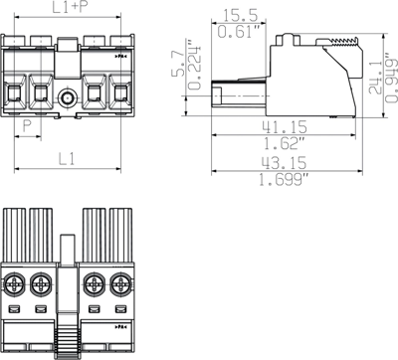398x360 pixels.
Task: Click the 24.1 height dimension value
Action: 375,74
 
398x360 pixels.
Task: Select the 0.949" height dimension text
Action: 391,74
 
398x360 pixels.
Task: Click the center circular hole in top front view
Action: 68,98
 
